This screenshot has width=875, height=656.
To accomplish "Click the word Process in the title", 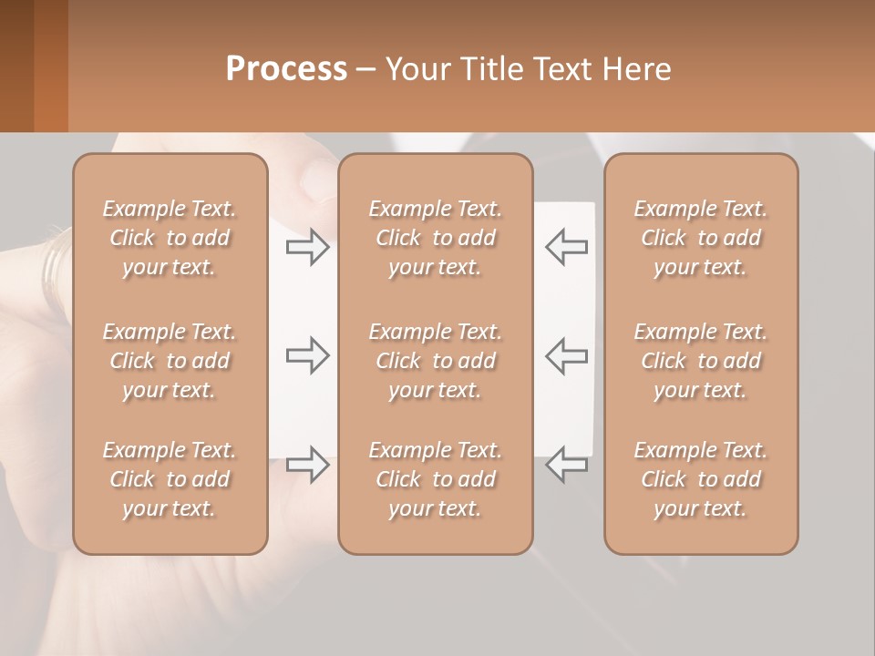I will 286,69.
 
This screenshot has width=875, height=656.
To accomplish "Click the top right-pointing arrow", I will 308,247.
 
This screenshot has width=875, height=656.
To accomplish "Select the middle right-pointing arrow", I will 308,355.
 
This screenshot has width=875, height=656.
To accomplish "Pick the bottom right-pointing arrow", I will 308,465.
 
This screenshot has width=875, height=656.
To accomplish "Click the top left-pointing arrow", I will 566,247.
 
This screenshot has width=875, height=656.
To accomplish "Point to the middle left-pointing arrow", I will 566,355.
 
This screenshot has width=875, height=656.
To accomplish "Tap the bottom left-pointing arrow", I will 566,465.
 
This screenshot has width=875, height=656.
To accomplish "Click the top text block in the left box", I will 170,238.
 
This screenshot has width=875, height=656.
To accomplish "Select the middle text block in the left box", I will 170,361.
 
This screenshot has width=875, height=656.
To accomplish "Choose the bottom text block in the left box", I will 170,479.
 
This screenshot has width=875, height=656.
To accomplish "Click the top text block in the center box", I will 436,238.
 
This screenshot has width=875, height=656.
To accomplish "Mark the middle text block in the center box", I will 436,361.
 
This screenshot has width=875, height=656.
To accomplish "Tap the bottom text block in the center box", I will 436,479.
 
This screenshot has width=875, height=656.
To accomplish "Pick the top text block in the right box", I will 701,238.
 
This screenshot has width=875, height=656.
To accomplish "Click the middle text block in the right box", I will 701,361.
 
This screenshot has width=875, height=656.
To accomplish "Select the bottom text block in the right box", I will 701,479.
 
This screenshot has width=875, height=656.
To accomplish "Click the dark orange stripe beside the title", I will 50,66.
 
